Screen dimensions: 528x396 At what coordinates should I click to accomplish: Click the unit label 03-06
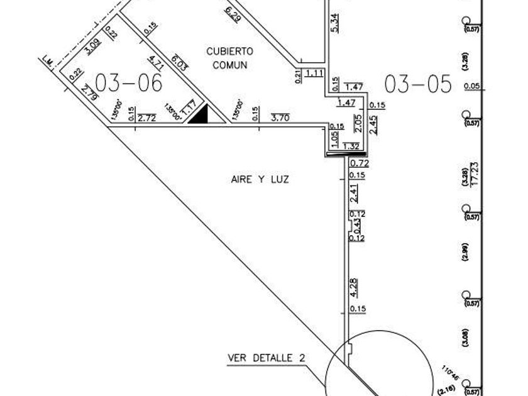(x=128, y=82)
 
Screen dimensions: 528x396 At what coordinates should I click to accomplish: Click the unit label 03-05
(x=418, y=84)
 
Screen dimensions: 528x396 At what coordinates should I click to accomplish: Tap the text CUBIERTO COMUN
(x=229, y=57)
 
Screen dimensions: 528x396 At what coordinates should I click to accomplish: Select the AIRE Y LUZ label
(x=260, y=180)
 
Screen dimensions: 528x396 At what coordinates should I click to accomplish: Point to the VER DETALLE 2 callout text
(x=267, y=358)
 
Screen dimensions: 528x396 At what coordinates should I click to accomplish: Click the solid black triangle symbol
(x=200, y=115)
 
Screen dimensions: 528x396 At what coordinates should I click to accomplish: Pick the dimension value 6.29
(x=233, y=13)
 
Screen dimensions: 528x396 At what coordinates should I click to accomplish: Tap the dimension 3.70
(x=280, y=117)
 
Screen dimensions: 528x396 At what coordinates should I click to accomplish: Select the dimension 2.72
(x=146, y=117)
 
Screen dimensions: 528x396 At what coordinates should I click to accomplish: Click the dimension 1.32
(x=351, y=146)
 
